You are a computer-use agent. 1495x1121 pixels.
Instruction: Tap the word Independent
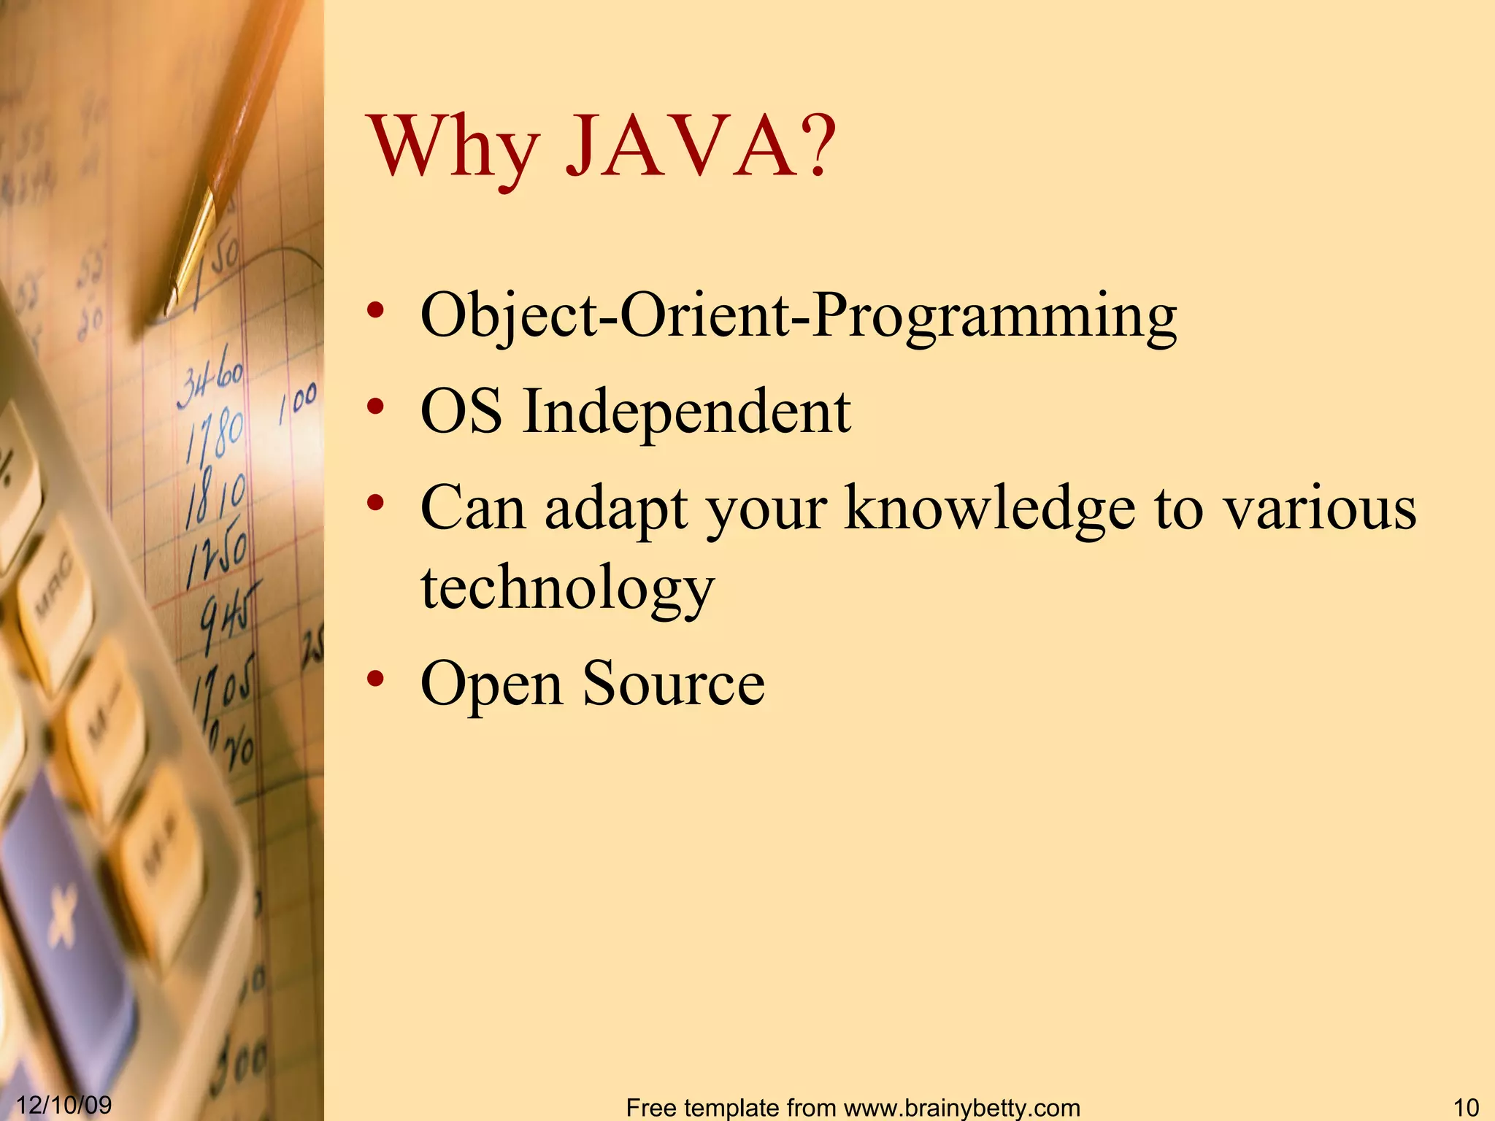point(686,412)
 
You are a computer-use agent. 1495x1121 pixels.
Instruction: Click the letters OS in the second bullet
point(461,412)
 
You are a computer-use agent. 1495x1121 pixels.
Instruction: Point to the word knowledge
point(989,509)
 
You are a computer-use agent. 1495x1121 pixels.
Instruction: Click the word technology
point(567,590)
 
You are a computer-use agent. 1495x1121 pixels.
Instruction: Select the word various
point(1320,509)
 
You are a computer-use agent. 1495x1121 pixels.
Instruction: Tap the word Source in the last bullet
point(673,684)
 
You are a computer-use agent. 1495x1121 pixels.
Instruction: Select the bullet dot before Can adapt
point(375,504)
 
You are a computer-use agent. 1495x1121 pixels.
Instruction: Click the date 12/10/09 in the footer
point(64,1105)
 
